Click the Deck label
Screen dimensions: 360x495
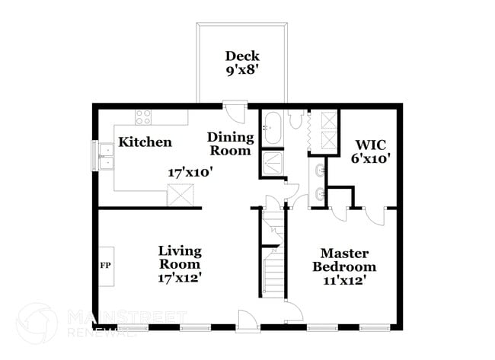[x=242, y=56]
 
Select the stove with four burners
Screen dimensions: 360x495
[x=143, y=116]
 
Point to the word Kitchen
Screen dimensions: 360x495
[x=145, y=142]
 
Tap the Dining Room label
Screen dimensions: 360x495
[x=230, y=144]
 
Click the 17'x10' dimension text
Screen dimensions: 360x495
[x=190, y=173]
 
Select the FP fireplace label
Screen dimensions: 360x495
[x=105, y=266]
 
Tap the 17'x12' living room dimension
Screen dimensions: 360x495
[x=180, y=279]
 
